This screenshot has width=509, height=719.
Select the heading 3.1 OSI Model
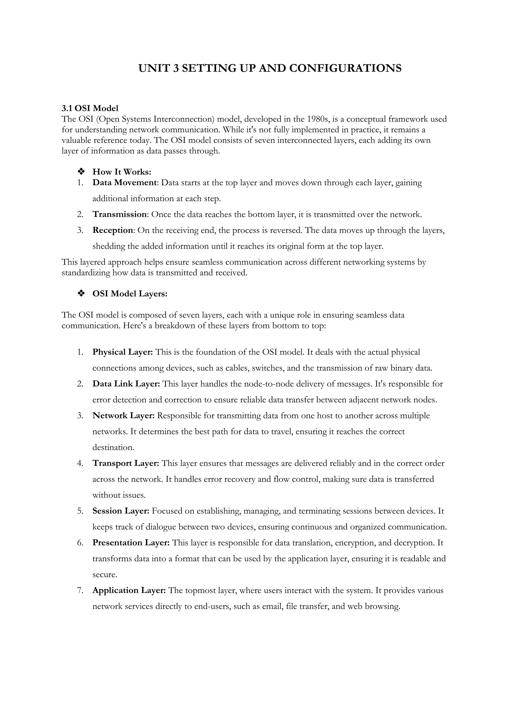(90, 108)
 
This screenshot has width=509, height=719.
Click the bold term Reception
(113, 230)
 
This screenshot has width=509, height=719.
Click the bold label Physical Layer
(122, 352)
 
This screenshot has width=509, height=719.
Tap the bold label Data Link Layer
(126, 384)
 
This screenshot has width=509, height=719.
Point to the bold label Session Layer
(121, 511)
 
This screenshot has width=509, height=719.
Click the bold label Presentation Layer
(131, 543)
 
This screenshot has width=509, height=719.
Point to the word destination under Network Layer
(113, 447)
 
